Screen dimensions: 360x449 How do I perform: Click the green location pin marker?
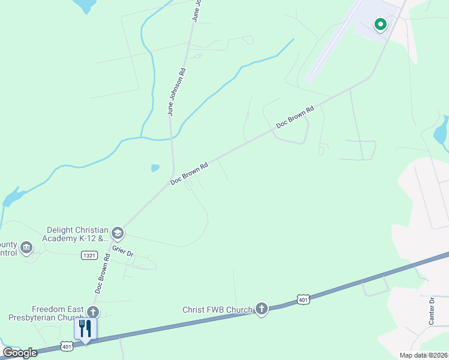point(380,25)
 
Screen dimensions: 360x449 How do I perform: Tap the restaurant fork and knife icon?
point(85,328)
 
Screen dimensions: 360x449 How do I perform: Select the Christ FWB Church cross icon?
point(261,308)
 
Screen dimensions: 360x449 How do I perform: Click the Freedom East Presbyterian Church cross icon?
point(92,311)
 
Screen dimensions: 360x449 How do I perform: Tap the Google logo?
point(20,353)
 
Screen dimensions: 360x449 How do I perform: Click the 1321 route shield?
point(89,256)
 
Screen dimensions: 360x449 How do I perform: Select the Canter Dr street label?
point(431,310)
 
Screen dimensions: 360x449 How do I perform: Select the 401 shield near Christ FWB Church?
point(303,299)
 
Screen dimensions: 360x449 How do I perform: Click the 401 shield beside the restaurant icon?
point(67,346)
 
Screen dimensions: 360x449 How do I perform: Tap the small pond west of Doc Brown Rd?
point(155,168)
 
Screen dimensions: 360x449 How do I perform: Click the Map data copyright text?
point(423,355)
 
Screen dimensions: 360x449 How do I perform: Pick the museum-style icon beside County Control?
point(26,247)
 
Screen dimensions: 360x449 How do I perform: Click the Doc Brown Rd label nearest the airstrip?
point(295,118)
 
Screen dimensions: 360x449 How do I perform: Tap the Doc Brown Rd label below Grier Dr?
point(102,273)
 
